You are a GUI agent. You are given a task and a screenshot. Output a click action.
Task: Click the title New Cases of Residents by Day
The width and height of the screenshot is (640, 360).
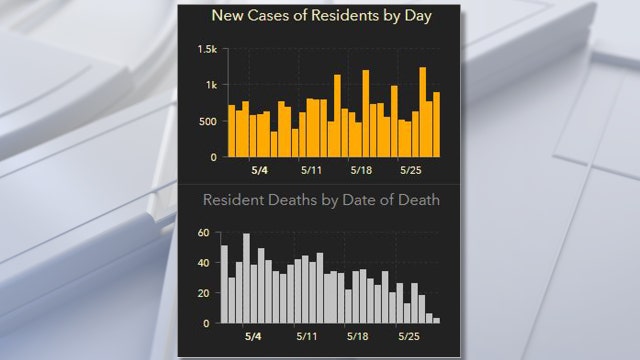(321, 16)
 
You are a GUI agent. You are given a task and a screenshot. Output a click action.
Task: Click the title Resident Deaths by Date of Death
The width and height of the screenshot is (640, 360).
(321, 200)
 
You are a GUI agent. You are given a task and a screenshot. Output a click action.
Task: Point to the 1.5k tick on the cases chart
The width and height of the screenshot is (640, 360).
(208, 50)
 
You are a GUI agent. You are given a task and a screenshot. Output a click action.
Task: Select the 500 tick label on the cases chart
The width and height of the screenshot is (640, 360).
(207, 122)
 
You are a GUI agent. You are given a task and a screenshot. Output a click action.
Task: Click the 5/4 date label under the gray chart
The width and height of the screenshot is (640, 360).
(254, 337)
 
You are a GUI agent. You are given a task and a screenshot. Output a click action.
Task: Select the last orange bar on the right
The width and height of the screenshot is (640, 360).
(437, 125)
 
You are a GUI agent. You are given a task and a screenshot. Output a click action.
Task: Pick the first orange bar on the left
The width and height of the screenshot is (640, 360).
(232, 131)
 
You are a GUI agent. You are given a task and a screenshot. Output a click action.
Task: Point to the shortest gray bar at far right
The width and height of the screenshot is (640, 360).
(437, 320)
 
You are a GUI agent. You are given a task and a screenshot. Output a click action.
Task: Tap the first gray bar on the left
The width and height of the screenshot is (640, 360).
(225, 284)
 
